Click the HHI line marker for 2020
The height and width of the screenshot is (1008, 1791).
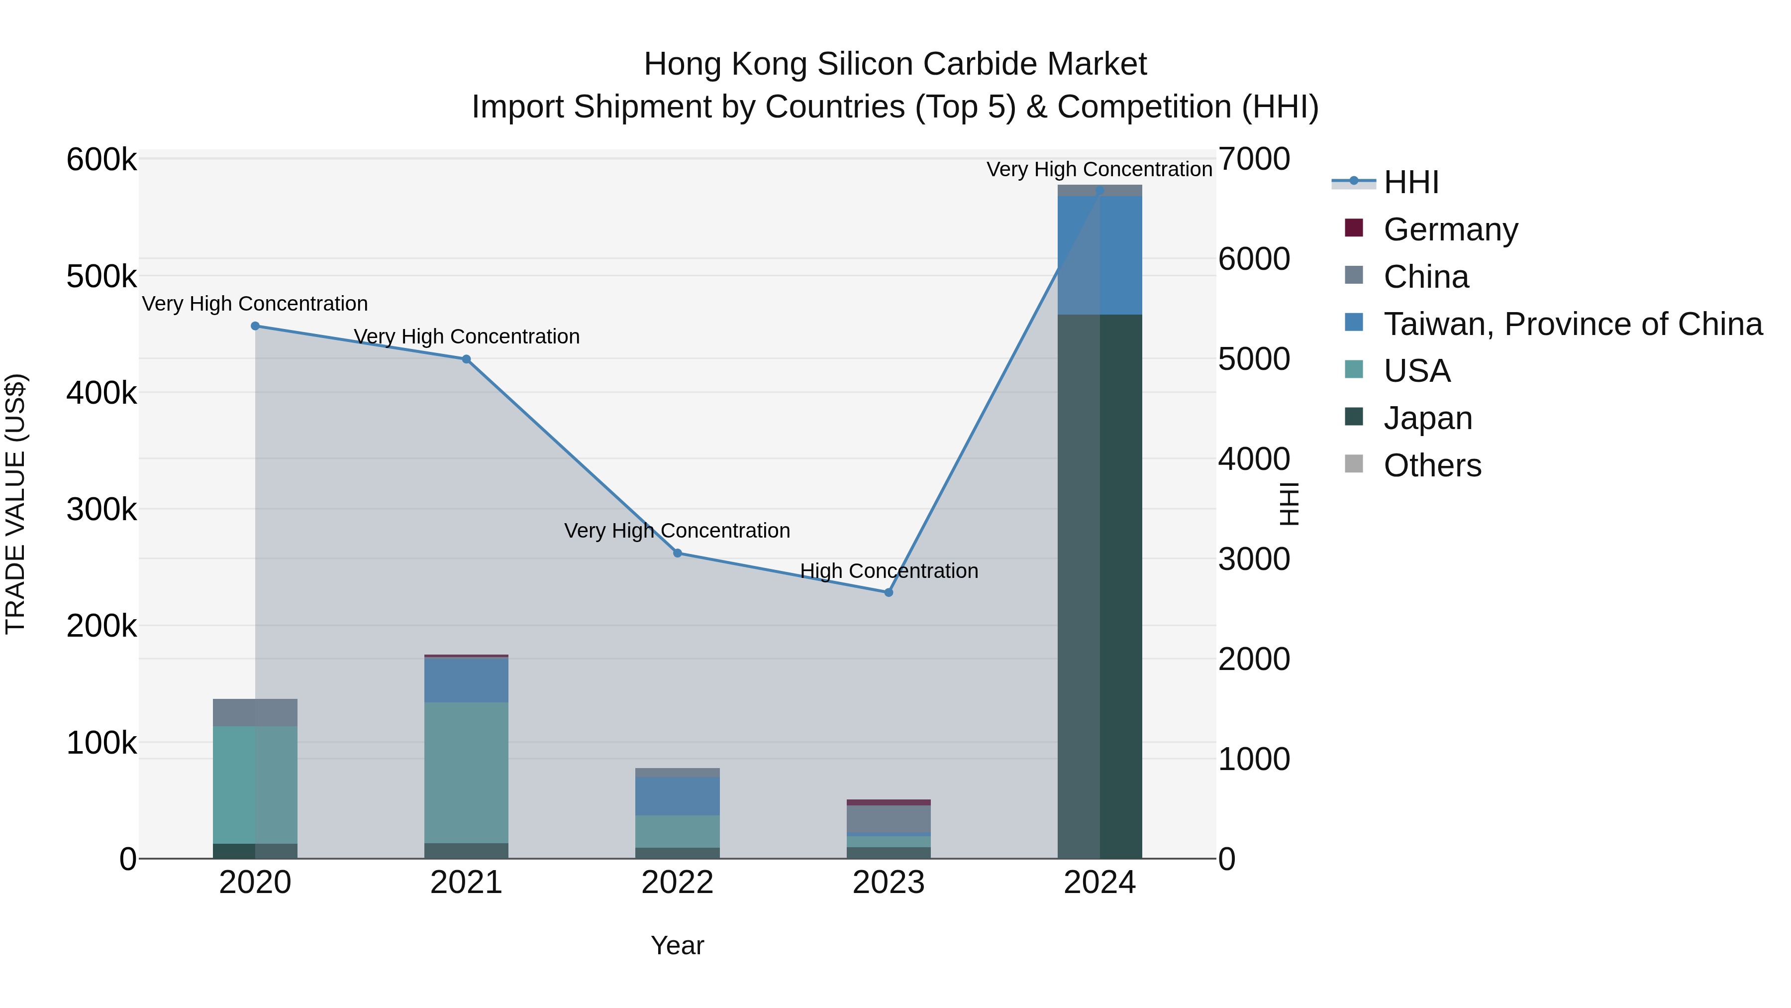click(255, 326)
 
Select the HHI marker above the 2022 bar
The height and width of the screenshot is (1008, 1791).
click(678, 554)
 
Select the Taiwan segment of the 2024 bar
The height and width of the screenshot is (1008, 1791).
click(1100, 255)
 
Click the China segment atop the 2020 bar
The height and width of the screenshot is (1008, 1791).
click(255, 712)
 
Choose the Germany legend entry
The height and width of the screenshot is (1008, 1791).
click(1450, 229)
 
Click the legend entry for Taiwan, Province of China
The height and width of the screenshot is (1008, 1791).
click(1573, 324)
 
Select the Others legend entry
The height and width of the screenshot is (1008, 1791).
click(1432, 465)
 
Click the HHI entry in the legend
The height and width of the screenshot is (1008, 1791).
click(1411, 182)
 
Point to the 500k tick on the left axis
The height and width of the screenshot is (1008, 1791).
click(101, 277)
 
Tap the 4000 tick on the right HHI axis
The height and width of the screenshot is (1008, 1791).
click(1254, 459)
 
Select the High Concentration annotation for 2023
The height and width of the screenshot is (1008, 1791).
click(889, 571)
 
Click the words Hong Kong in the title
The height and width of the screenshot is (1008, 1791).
click(726, 64)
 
